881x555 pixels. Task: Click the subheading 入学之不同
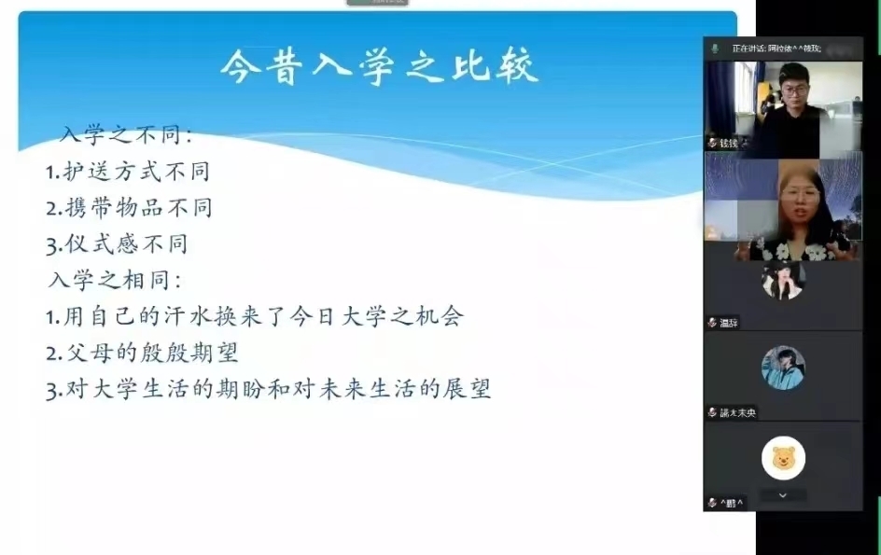pyautogui.click(x=125, y=135)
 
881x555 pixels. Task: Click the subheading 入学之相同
pyautogui.click(x=114, y=279)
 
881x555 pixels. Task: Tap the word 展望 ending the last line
pyautogui.click(x=468, y=389)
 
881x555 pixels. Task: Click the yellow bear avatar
pyautogui.click(x=783, y=457)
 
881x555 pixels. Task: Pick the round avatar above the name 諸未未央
pyautogui.click(x=783, y=368)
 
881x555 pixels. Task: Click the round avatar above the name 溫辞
pyautogui.click(x=783, y=280)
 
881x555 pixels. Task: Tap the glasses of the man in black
pyautogui.click(x=794, y=90)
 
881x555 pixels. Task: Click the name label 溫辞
pyautogui.click(x=729, y=323)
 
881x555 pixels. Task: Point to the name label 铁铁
pyautogui.click(x=728, y=143)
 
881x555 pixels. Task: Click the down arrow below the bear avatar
pyautogui.click(x=783, y=495)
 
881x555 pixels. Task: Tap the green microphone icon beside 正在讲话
pyautogui.click(x=716, y=48)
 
